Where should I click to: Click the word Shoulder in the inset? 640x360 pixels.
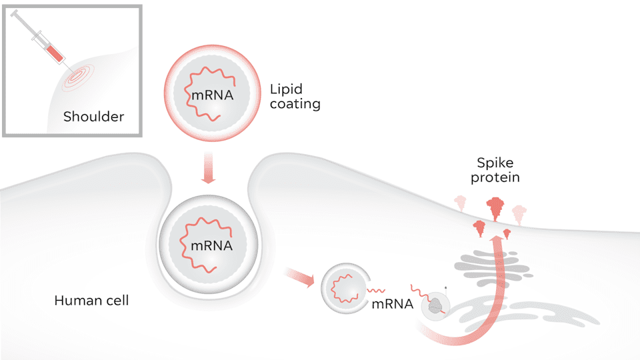click(93, 117)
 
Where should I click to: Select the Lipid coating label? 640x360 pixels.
click(295, 97)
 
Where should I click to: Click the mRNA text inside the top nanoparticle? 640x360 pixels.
click(212, 95)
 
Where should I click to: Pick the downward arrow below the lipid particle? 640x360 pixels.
click(208, 168)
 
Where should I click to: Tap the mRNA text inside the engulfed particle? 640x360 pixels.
click(211, 246)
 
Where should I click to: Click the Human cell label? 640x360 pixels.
click(91, 301)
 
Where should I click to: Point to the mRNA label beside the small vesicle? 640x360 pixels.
click(392, 304)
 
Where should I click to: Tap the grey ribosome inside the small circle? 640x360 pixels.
click(436, 305)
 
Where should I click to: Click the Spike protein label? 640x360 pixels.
click(495, 170)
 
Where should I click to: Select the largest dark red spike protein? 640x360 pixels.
click(495, 209)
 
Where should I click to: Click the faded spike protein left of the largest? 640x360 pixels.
click(461, 203)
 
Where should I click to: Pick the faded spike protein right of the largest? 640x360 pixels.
click(519, 215)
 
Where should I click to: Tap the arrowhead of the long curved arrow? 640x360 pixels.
click(497, 240)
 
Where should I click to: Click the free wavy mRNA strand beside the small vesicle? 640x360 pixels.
click(376, 291)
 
